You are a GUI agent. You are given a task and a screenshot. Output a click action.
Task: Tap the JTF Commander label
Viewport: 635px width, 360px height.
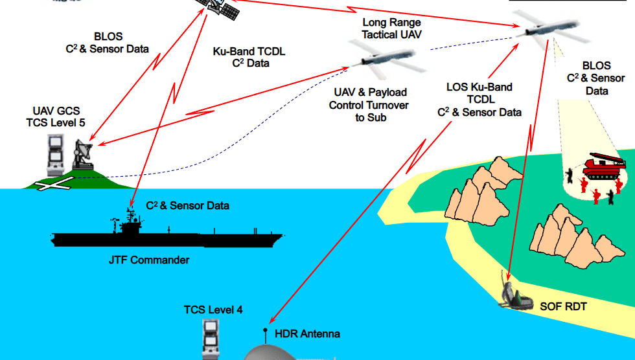[x=149, y=260]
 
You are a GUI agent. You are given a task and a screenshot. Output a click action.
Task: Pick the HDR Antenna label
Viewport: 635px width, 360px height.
[x=307, y=334]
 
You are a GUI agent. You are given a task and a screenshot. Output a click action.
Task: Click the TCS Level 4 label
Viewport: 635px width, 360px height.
[x=213, y=310]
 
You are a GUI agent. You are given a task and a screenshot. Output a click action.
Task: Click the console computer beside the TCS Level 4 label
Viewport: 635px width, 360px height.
[x=211, y=340]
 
